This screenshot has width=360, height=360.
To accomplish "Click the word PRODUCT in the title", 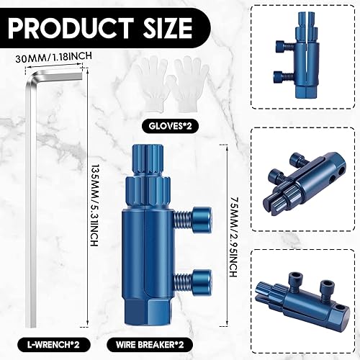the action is (71, 27).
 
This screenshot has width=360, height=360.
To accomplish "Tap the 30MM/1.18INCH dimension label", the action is (53, 57).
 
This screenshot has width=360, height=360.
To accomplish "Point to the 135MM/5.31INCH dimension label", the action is (94, 205).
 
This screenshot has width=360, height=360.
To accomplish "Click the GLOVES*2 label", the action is (170, 126).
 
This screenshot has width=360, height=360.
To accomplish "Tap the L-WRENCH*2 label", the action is (53, 345).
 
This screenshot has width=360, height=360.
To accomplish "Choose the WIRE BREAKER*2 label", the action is (150, 345).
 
